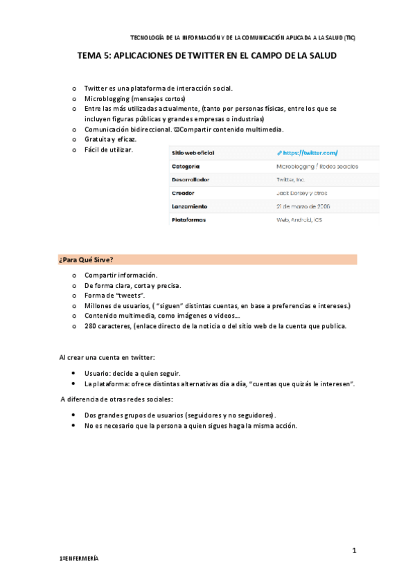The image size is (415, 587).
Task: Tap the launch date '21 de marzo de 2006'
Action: pos(303,206)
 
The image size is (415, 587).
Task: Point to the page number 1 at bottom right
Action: pos(353,550)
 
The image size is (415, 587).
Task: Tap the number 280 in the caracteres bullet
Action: pos(90,325)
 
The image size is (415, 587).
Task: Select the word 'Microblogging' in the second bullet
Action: pos(106,99)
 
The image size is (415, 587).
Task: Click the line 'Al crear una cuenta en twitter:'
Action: pos(107,357)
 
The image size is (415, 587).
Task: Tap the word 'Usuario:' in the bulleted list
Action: pos(98,372)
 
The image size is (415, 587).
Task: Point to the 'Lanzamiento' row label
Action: pos(189,206)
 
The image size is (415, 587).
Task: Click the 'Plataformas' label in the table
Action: pos(189,220)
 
